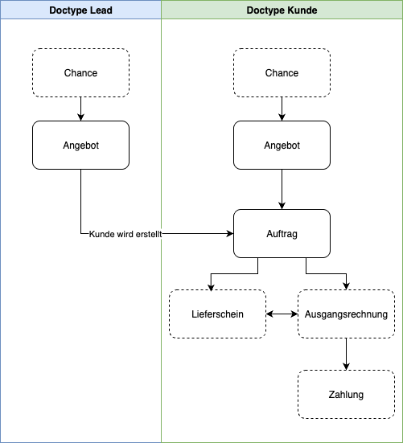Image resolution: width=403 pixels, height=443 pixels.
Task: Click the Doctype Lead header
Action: point(80,10)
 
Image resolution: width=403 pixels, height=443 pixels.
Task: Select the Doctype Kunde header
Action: point(282,10)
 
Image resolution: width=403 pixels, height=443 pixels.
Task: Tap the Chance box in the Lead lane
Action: point(80,73)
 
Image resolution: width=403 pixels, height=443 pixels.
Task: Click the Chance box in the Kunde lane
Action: point(282,73)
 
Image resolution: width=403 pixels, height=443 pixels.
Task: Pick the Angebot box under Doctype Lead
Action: point(80,146)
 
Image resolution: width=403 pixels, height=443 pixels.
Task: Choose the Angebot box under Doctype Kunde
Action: point(282,146)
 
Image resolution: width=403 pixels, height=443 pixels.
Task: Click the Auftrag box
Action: point(282,234)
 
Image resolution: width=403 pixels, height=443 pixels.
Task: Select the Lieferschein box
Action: point(218,314)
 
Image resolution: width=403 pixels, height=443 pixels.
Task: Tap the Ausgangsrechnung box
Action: point(346,314)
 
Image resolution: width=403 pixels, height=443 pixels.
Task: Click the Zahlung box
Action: point(346,395)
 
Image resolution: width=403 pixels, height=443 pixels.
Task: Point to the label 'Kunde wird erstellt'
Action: point(125,234)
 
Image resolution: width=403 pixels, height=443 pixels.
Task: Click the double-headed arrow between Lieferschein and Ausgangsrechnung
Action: point(282,314)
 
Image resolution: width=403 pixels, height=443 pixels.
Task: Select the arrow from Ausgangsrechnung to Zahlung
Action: point(346,354)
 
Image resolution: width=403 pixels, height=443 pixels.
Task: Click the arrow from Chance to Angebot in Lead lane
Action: point(80,109)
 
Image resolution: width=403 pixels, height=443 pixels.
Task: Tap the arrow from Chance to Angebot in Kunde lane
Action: point(282,109)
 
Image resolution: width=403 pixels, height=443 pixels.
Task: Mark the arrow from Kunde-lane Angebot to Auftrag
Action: point(282,189)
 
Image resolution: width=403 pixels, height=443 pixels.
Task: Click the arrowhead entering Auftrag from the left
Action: point(230,234)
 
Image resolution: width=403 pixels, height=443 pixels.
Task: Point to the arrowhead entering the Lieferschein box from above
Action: point(211,286)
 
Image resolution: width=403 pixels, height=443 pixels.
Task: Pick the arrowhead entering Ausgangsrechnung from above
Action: point(346,286)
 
